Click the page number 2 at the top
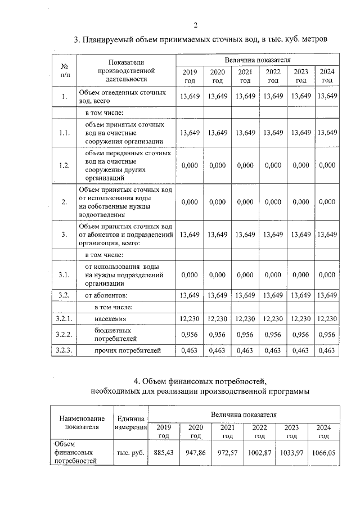tap(195, 25)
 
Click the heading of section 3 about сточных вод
tap(200, 40)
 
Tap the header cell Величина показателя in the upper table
tap(258, 59)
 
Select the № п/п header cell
tap(65, 70)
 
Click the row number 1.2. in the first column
tap(64, 165)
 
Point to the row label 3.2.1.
tap(64, 319)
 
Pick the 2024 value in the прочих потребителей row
tap(327, 350)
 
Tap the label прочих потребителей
tap(128, 350)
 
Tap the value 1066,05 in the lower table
tap(323, 452)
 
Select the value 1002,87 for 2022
tap(259, 452)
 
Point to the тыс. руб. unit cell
tap(130, 452)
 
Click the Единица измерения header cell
tap(130, 422)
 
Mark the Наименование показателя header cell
tap(82, 422)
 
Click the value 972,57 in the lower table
tap(227, 452)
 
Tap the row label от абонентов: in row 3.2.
tap(106, 295)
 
